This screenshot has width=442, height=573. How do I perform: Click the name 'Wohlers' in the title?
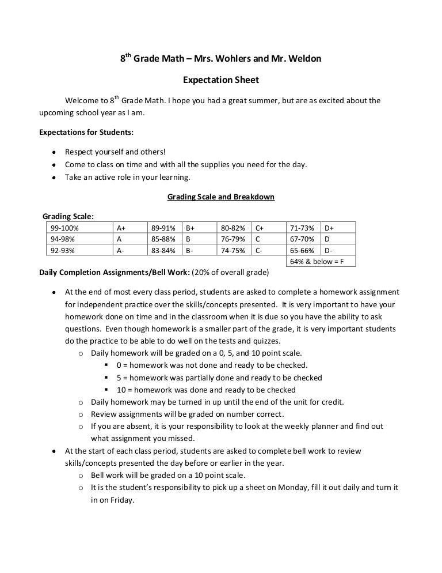point(217,59)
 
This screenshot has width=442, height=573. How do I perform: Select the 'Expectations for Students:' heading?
point(86,131)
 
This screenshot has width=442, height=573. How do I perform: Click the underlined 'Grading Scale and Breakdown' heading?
point(221,197)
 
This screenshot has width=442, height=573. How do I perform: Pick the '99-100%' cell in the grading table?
point(64,228)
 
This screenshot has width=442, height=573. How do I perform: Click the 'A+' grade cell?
point(121,228)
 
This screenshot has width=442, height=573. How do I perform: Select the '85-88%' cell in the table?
point(159,239)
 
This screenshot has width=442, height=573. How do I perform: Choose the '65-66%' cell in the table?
point(302,250)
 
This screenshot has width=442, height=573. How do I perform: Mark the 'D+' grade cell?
point(329,228)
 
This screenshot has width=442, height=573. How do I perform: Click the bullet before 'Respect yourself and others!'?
point(53,152)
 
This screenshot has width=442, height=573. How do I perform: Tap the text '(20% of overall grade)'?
point(230,272)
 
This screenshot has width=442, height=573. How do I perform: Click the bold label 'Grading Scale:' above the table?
point(68,217)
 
